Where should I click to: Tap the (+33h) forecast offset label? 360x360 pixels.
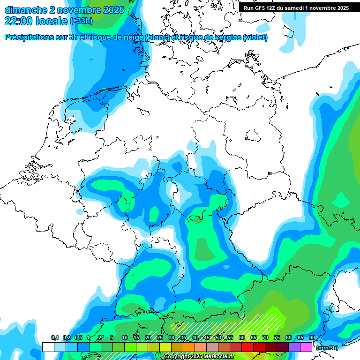[x=81, y=21]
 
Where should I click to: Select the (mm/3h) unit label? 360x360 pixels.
[x=327, y=347]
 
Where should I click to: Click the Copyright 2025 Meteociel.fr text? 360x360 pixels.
[x=199, y=357]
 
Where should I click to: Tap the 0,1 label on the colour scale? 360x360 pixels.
[x=54, y=338]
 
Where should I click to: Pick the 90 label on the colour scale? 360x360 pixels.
[x=312, y=338]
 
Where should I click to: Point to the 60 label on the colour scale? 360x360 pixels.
[x=242, y=338]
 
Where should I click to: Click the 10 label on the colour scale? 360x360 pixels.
[x=125, y=338]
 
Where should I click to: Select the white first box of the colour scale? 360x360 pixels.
[x=48, y=347]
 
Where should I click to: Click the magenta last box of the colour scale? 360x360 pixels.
[x=306, y=347]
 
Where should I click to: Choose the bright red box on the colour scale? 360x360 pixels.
[x=247, y=347]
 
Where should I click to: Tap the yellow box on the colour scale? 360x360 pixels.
[x=165, y=347]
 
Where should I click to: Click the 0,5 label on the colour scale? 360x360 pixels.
[x=78, y=338]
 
